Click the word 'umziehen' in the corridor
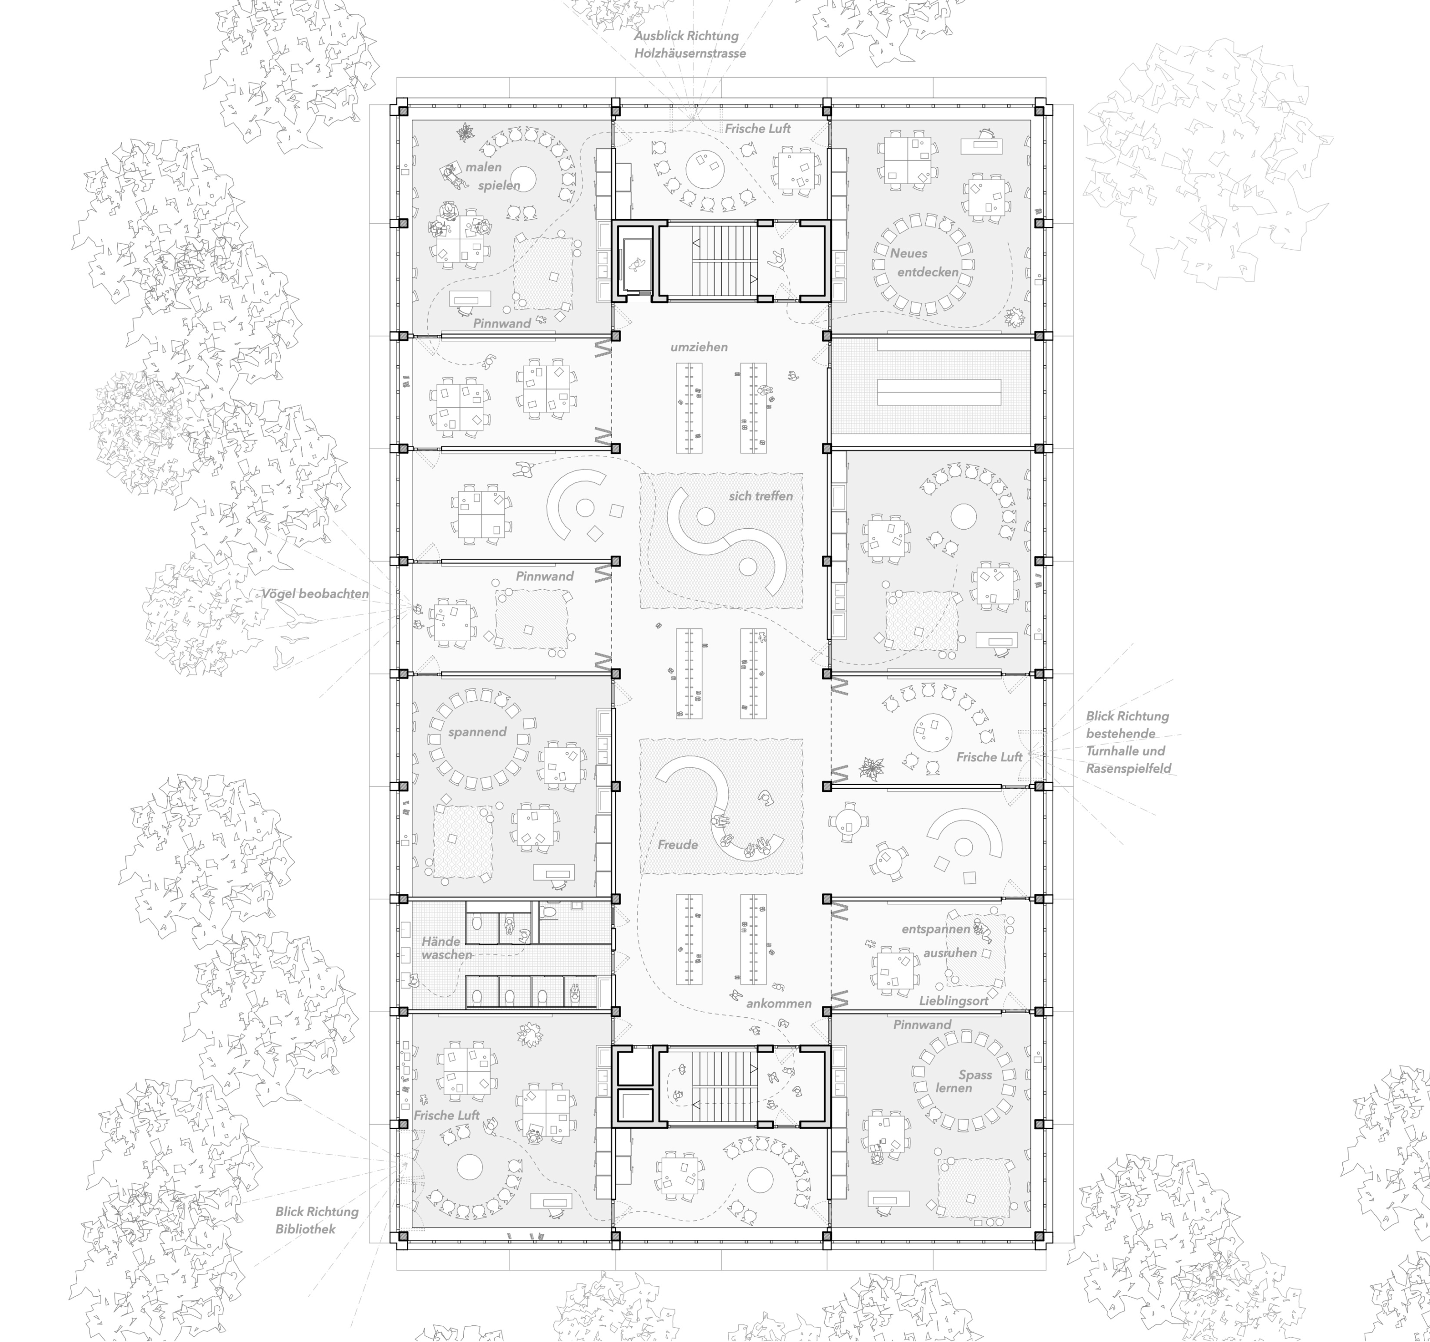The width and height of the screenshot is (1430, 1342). (x=698, y=347)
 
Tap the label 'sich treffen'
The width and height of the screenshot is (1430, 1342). (x=760, y=496)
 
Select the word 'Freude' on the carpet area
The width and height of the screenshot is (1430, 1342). (x=678, y=844)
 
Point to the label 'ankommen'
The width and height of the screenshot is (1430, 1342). (x=778, y=1003)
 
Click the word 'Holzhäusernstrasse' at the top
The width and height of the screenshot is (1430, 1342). (x=690, y=53)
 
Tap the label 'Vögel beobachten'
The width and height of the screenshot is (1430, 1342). (x=315, y=594)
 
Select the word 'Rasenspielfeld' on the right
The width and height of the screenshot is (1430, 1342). (x=1128, y=768)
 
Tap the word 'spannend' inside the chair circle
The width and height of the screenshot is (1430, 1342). (x=477, y=732)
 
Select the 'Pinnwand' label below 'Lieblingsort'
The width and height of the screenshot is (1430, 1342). (x=922, y=1024)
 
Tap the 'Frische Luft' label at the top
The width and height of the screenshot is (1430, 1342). (x=757, y=128)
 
